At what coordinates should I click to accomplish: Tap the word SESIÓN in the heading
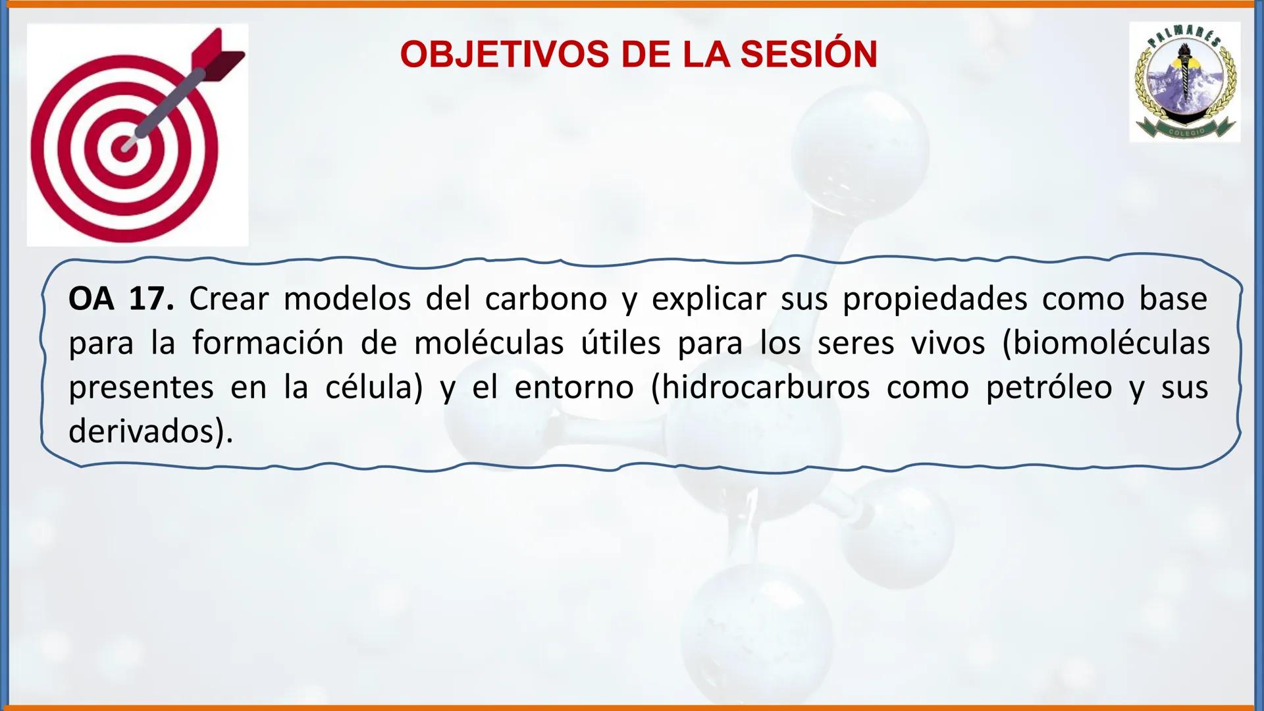(808, 54)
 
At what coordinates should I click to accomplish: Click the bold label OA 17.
(121, 300)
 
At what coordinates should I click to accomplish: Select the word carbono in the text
(546, 300)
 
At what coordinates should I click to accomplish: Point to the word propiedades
(935, 300)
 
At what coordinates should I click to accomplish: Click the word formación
(268, 344)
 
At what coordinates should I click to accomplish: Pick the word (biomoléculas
(1105, 344)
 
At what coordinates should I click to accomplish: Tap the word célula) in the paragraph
(374, 388)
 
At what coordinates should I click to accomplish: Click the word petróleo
(1049, 388)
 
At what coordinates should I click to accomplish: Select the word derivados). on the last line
(151, 432)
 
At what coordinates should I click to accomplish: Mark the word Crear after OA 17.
(228, 300)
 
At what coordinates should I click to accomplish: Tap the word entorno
(574, 388)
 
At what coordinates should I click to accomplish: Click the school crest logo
(1185, 82)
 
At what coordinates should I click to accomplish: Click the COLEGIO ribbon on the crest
(1187, 131)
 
